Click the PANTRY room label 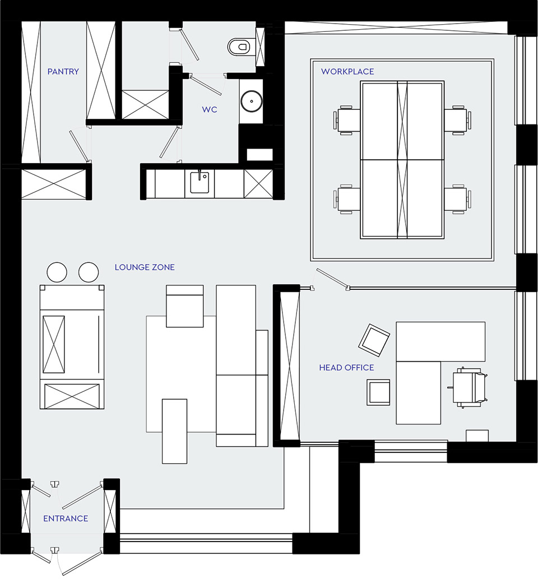point(63,71)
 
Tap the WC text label point(209,109)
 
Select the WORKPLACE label point(347,72)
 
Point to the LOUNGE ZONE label point(145,267)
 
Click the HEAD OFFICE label point(346,367)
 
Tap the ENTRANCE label point(66,519)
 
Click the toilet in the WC point(241,47)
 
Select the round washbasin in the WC point(252,100)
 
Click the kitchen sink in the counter point(200,182)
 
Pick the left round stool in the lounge point(57,272)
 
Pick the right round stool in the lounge point(89,272)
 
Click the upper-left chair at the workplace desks point(346,119)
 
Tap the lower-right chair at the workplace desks point(458,199)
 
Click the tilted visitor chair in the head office point(374,340)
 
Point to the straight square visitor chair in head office point(378,392)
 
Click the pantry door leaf point(78,145)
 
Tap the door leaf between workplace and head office point(332,278)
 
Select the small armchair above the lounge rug point(185,306)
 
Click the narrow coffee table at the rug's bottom point(174,431)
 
